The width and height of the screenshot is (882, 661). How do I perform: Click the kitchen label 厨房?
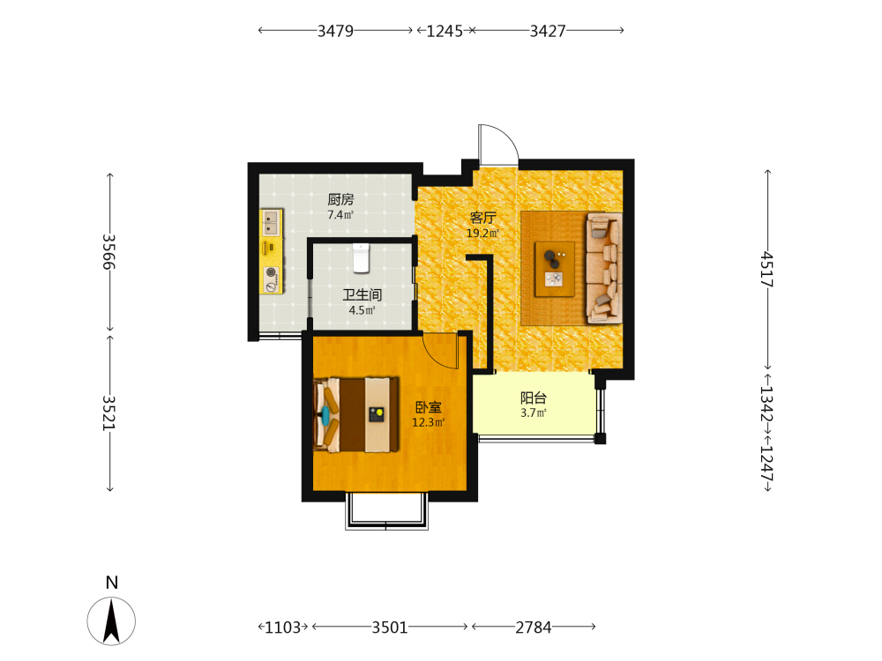(340, 199)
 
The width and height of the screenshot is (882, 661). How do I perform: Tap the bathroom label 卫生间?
(363, 294)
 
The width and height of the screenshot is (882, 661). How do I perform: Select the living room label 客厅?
(483, 218)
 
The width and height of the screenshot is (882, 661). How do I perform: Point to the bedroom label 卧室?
(429, 407)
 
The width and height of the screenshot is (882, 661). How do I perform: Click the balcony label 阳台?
(534, 398)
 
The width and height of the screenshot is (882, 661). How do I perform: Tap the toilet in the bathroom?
(361, 258)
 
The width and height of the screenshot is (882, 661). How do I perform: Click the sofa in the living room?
(604, 268)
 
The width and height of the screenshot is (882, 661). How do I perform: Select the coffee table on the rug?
(555, 269)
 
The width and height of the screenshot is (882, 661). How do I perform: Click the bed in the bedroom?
(356, 415)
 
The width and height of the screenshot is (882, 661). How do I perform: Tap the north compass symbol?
(111, 620)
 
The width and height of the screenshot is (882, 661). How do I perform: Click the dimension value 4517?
(767, 269)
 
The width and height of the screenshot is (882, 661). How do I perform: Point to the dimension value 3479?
(335, 30)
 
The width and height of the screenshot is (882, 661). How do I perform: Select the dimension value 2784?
(534, 627)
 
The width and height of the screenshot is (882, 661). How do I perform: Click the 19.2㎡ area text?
(482, 234)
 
